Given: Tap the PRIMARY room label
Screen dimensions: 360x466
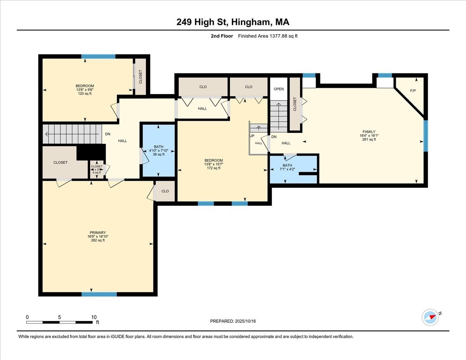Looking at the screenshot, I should [x=97, y=233].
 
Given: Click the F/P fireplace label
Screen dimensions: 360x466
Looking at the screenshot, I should [x=413, y=91].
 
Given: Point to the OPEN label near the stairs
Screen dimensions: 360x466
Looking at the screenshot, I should [x=279, y=89].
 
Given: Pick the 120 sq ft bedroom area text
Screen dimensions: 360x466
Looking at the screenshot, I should [x=85, y=94].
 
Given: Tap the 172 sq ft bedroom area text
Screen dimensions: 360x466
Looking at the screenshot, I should [x=214, y=169].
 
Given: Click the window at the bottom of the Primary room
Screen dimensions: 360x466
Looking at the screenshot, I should [x=99, y=294].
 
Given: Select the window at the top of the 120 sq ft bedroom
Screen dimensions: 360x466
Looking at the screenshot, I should [x=98, y=57].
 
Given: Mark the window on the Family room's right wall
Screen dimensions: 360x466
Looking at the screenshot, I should [x=426, y=136].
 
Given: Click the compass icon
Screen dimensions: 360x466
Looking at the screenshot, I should [x=430, y=317].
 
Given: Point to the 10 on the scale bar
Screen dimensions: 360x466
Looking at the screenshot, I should [x=94, y=317].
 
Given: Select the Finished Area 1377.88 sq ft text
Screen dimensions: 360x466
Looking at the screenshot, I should [x=268, y=36].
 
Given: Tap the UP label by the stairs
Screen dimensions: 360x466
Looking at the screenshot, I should [x=252, y=136].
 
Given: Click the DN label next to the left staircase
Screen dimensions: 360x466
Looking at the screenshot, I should [x=108, y=134].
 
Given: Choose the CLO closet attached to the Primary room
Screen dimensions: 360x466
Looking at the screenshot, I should [x=165, y=191].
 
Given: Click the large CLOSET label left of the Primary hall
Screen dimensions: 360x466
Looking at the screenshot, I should [x=61, y=162].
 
